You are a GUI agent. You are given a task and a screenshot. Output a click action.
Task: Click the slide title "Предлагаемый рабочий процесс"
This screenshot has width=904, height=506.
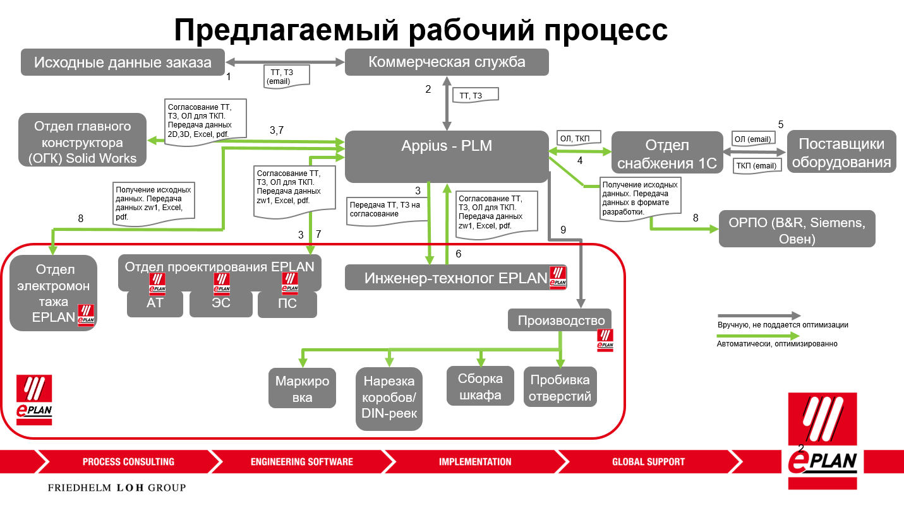point(420,29)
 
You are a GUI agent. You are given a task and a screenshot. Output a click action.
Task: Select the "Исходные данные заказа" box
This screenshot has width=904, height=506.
point(123,62)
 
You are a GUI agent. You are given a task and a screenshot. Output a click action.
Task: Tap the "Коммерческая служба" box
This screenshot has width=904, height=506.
point(447,62)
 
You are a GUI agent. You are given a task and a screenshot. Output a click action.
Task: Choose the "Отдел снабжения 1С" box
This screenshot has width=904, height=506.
point(667,153)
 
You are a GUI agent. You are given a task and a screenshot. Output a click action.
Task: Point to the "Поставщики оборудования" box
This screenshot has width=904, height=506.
point(841,152)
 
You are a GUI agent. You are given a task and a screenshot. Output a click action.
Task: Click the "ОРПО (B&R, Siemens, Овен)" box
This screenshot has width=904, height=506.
point(797,228)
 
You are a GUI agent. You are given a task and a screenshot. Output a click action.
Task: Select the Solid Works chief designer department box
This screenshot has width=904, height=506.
point(83,140)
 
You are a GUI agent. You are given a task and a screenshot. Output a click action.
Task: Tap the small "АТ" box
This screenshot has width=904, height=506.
point(155,303)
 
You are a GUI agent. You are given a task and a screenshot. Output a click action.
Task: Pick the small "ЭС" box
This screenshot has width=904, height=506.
point(221,303)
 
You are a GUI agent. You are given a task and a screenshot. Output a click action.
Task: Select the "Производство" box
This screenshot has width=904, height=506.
point(560,320)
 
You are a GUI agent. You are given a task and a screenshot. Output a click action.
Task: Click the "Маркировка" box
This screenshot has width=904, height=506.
point(302,388)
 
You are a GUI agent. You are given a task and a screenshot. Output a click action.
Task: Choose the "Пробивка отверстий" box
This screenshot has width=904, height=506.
point(560,387)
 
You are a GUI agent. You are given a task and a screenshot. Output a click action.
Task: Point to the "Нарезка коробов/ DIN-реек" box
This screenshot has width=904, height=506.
point(389,398)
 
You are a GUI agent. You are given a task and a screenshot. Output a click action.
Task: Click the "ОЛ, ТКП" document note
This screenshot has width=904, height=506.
point(579,138)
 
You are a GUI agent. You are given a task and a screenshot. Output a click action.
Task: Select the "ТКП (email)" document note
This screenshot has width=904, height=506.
point(756,166)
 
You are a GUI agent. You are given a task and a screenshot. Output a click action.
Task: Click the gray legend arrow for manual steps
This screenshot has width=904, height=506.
point(758,315)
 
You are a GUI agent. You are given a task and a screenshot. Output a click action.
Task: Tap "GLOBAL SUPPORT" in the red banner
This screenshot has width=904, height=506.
point(648,462)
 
